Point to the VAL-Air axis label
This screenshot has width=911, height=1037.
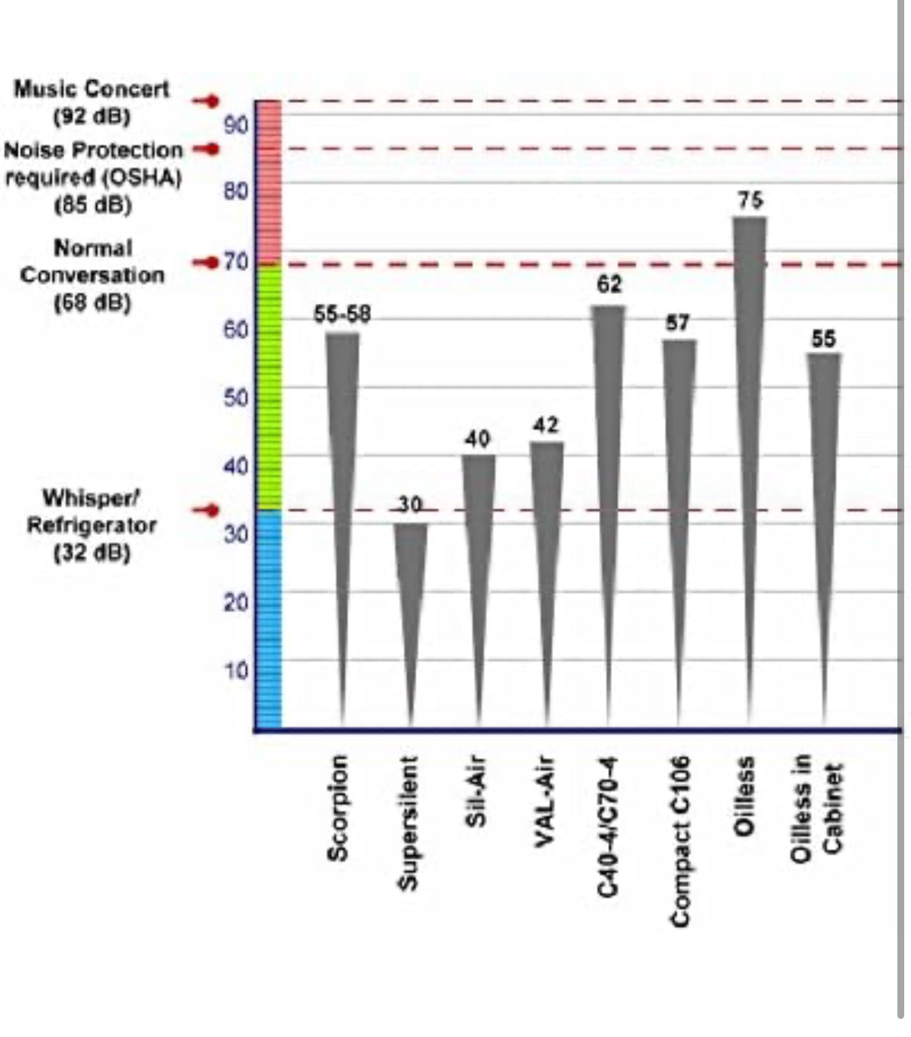coord(545,802)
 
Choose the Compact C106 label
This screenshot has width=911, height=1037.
coord(680,840)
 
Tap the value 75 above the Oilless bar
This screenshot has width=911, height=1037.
coord(750,200)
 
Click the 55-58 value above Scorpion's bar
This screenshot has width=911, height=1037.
coord(342,315)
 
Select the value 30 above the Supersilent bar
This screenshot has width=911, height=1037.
coord(409,505)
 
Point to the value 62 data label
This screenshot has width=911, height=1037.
coord(609,284)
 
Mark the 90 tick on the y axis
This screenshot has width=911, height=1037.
coord(236,125)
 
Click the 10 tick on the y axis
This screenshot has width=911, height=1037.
coord(236,671)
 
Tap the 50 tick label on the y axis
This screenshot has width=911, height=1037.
coord(236,398)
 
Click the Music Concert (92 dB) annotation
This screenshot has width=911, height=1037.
coord(91,102)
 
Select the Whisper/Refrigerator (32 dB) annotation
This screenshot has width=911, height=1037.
coord(91,525)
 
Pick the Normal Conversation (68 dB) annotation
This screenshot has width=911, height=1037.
coord(91,275)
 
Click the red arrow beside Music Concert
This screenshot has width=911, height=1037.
coord(205,101)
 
